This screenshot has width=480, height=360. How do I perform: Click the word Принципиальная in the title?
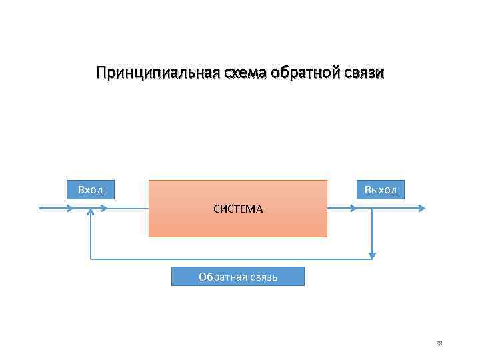click(156, 72)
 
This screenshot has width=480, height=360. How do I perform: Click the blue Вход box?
click(91, 189)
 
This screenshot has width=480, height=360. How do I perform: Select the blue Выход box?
click(381, 189)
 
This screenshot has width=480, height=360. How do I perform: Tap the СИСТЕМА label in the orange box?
click(238, 209)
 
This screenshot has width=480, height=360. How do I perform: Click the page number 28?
click(439, 343)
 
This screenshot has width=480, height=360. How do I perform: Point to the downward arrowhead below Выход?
click(373, 255)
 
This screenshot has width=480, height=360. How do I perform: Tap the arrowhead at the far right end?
click(421, 208)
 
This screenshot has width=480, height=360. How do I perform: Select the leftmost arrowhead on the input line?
click(69, 208)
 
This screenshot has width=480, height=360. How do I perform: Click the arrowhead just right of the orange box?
click(352, 208)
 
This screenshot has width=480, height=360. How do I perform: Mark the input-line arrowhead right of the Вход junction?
click(103, 208)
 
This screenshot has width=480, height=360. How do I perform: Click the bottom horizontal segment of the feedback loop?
click(230, 258)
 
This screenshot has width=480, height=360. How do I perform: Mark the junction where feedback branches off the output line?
click(373, 208)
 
